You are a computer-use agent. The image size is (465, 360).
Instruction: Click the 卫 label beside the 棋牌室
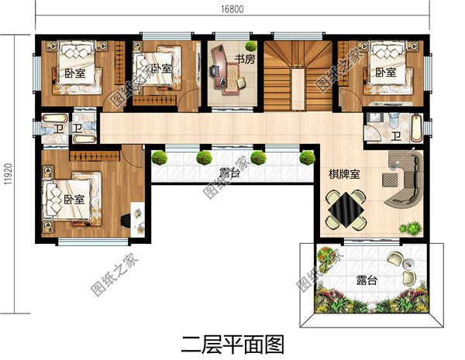(395, 137)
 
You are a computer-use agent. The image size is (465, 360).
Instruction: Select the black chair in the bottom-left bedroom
(126, 220)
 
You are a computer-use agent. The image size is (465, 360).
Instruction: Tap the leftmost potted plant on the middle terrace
(160, 158)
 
